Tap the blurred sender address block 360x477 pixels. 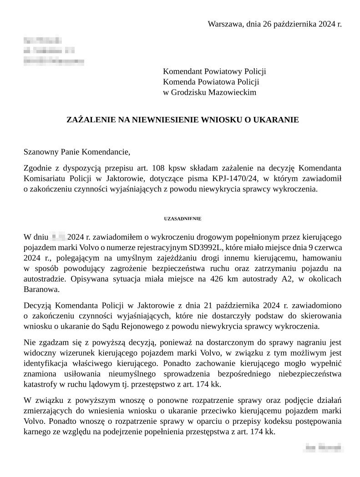[x=53, y=50]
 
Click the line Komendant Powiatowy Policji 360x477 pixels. [x=214, y=71]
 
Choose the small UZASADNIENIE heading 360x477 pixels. [x=183, y=219]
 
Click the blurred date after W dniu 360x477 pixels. [x=58, y=237]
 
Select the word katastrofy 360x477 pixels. [x=41, y=384]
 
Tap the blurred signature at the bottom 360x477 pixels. [x=323, y=448]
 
